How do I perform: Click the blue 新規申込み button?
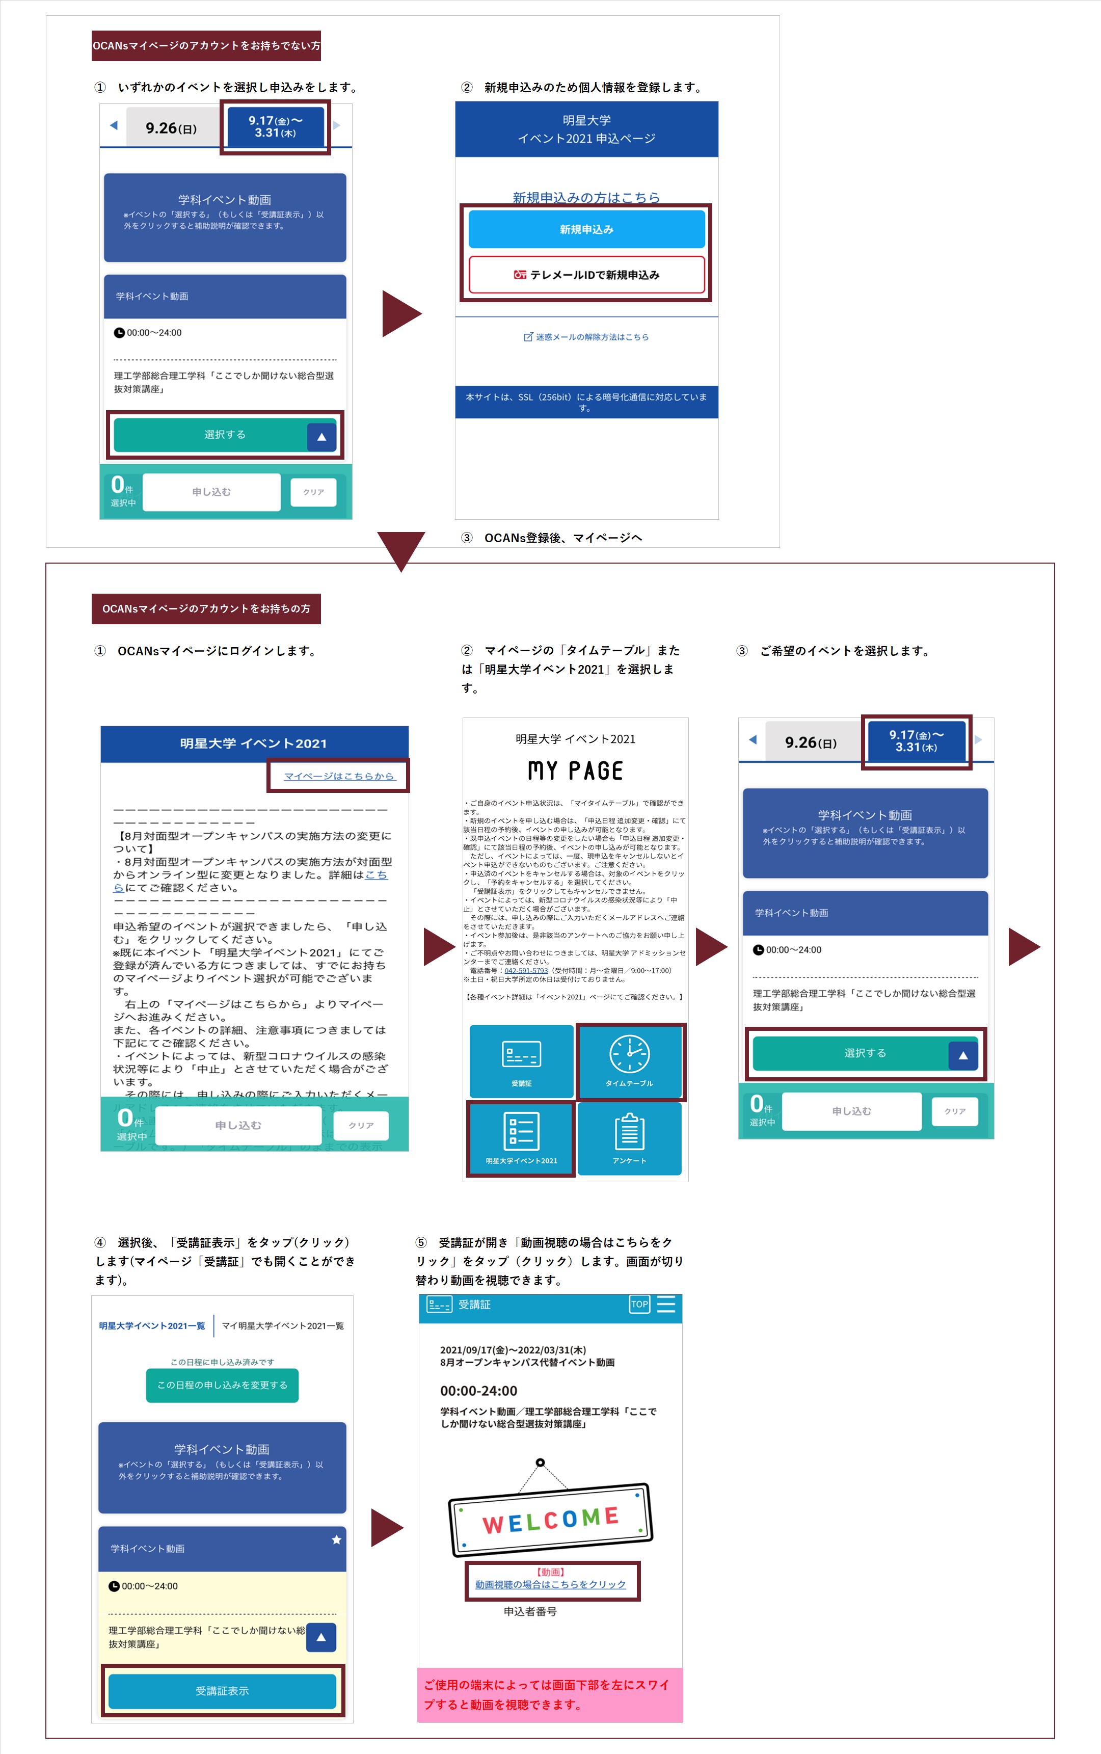(586, 229)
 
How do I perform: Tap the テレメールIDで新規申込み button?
(586, 275)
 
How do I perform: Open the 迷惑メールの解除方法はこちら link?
(586, 337)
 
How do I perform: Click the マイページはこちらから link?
(339, 776)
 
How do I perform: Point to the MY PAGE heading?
(575, 770)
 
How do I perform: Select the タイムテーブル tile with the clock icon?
(629, 1061)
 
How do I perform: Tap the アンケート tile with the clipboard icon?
(629, 1138)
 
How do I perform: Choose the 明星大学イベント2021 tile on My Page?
(521, 1138)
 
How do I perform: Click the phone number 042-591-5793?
(526, 971)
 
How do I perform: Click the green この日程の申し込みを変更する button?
(222, 1385)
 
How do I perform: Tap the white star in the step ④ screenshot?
(336, 1539)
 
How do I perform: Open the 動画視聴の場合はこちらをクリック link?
(550, 1584)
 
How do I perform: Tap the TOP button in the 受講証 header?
(639, 1304)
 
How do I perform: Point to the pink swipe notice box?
(550, 1694)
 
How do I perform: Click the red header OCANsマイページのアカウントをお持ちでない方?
(206, 46)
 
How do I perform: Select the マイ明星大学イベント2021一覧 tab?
(283, 1326)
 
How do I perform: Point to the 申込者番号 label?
(530, 1611)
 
